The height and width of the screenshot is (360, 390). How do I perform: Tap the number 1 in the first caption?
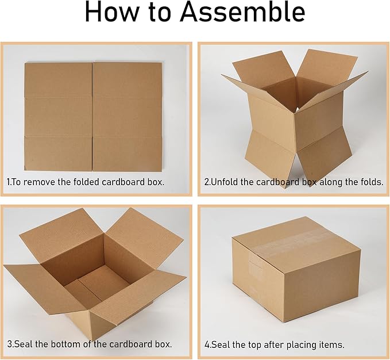pyautogui.click(x=9, y=182)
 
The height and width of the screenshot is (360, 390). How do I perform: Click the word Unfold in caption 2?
pyautogui.click(x=226, y=182)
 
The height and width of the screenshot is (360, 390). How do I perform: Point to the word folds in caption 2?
pyautogui.click(x=369, y=182)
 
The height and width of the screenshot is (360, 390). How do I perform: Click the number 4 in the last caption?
pyautogui.click(x=207, y=345)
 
